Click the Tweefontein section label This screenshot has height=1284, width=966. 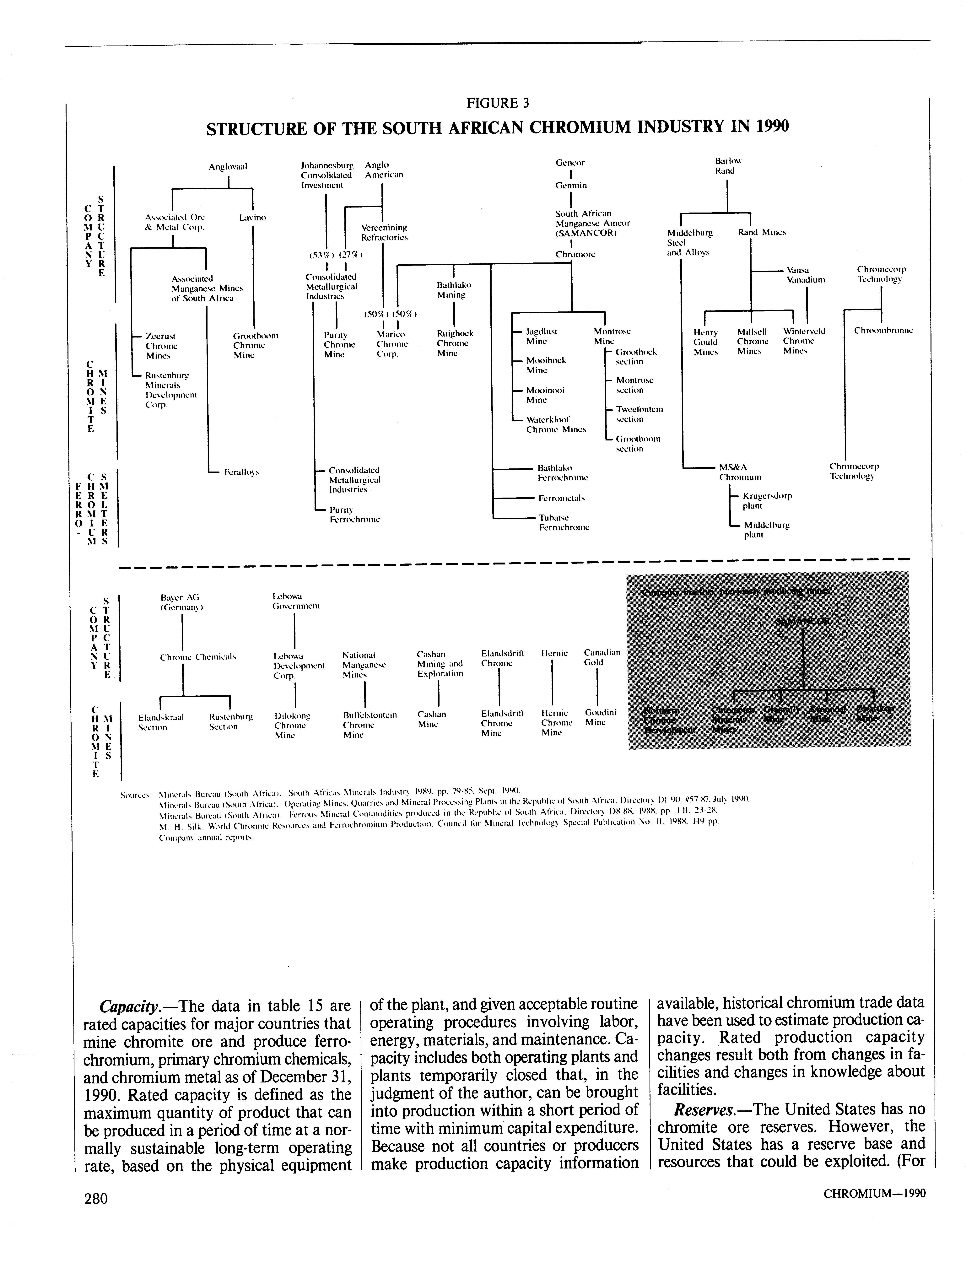point(639,414)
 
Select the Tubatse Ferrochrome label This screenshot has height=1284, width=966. point(563,522)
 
